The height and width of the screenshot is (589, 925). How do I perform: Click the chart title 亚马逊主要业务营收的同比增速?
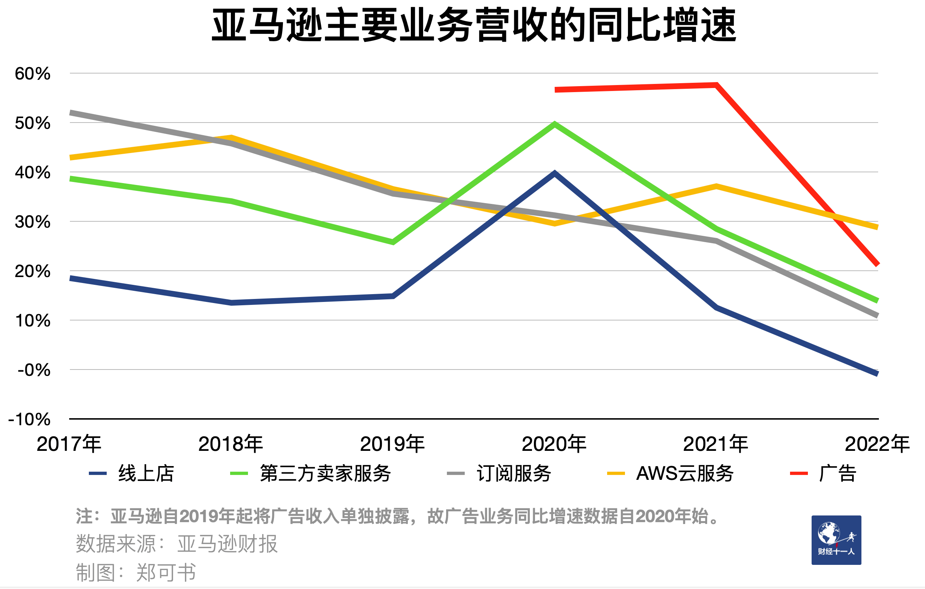click(474, 25)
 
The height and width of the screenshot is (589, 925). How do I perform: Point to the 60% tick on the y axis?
click(33, 73)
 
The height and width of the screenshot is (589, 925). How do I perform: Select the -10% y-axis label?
click(30, 419)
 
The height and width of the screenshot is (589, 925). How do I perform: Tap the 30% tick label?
click(33, 222)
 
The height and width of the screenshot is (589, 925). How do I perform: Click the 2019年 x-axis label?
click(392, 444)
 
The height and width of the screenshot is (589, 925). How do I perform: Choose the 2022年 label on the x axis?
click(877, 444)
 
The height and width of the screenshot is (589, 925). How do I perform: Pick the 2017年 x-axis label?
click(69, 444)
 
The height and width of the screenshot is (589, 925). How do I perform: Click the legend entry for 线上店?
click(131, 473)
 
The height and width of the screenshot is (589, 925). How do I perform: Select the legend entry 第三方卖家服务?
click(310, 473)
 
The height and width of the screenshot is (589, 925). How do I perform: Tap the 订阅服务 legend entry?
click(499, 473)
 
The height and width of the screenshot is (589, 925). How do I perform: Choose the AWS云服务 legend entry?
click(670, 473)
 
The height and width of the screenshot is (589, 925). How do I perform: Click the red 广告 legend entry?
click(823, 473)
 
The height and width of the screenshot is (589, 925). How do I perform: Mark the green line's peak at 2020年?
click(555, 124)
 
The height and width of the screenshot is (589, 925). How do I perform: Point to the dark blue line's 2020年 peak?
click(555, 173)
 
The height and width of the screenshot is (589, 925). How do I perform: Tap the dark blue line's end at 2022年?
click(877, 374)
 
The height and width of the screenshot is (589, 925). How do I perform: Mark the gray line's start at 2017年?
click(71, 113)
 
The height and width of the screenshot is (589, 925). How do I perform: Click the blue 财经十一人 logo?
click(836, 540)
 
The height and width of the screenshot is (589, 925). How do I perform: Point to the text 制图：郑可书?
click(136, 573)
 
